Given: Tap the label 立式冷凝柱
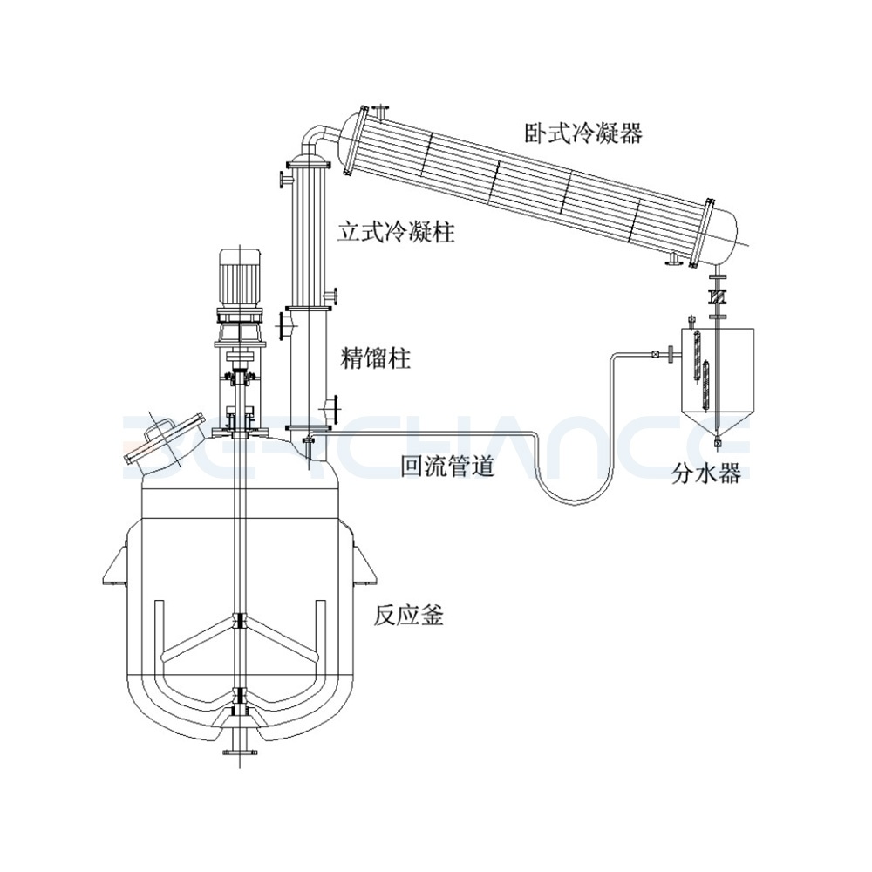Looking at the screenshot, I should click(x=396, y=234).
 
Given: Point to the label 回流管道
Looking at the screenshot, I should click(x=447, y=467).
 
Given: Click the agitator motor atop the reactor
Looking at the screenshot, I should click(x=238, y=275).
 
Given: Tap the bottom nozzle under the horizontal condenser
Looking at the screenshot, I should click(x=673, y=257).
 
